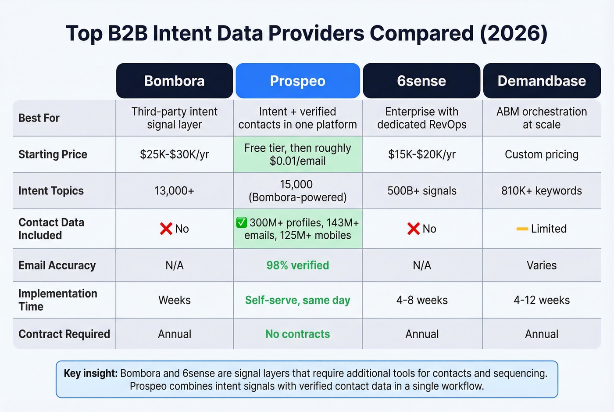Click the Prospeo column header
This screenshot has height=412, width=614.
point(297,81)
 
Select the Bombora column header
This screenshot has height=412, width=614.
point(174,81)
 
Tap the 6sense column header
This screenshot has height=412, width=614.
point(421,81)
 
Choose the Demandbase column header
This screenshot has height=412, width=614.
point(542,81)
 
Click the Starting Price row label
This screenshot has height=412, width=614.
point(53,154)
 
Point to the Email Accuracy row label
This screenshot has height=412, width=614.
point(57,265)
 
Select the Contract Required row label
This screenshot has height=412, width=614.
point(64,334)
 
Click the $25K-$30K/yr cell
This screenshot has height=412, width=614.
point(174,154)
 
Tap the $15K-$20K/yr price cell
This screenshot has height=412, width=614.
point(421,154)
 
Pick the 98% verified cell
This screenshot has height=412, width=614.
point(297,265)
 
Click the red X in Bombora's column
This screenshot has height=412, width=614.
point(166,229)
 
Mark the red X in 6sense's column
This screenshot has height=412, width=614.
point(413,229)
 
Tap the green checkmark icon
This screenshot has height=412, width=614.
point(242,222)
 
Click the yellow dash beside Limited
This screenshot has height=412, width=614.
point(522,229)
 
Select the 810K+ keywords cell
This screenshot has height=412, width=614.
point(542,191)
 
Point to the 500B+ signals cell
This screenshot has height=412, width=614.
point(421,191)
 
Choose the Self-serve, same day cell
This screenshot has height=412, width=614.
point(297,300)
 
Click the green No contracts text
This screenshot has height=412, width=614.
point(297,334)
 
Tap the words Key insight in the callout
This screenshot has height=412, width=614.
point(90,373)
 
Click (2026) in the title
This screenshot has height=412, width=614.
point(514,33)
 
